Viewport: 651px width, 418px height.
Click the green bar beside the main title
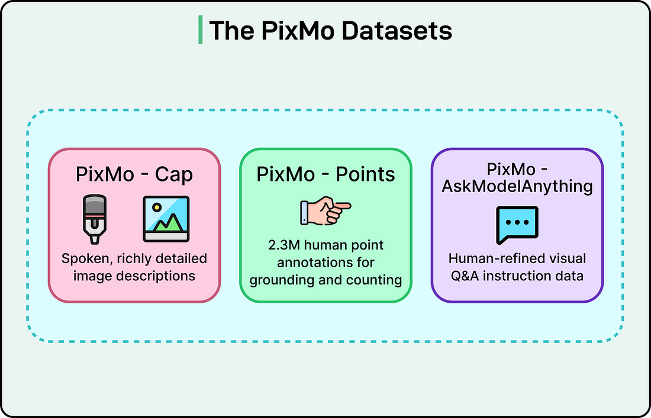pos(201,31)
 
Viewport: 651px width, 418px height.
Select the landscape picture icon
pos(166,219)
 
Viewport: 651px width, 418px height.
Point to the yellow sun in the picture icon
pos(156,208)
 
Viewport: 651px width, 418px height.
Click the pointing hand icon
pos(325,212)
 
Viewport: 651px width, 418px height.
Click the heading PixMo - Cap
pos(134,175)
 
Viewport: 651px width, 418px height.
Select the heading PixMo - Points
pos(325,174)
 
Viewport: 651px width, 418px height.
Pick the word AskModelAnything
pos(517,186)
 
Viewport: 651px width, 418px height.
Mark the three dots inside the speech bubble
pos(517,222)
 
